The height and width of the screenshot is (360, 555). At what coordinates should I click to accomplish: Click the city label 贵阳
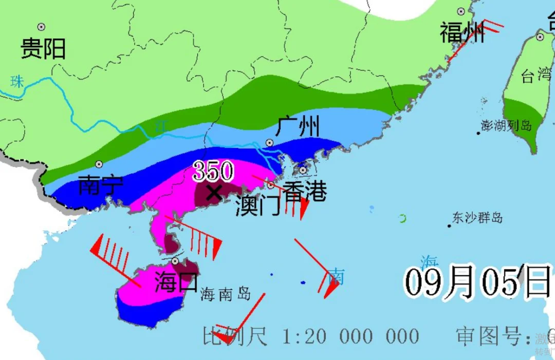coord(43,49)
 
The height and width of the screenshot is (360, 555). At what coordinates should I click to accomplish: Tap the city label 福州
coord(462,33)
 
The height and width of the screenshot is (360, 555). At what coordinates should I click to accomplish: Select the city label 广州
coord(298,126)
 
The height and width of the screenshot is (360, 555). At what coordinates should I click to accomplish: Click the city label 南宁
coord(101,185)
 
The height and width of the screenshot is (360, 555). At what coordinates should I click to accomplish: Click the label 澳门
coord(258,206)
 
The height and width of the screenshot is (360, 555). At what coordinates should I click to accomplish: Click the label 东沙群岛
coord(477,218)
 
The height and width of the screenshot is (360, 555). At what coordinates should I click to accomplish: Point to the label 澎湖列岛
coord(506,125)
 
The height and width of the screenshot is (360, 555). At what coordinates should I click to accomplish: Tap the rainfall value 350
coord(213,172)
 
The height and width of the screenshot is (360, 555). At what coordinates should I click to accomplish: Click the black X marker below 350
coord(214,193)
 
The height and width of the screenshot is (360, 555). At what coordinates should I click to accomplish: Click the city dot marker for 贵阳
coord(41,27)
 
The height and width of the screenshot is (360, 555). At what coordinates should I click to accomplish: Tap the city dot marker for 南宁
coord(99,164)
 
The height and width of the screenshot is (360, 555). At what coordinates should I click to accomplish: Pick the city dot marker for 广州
coord(269,142)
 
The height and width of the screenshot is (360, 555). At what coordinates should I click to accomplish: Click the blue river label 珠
coord(18,81)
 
